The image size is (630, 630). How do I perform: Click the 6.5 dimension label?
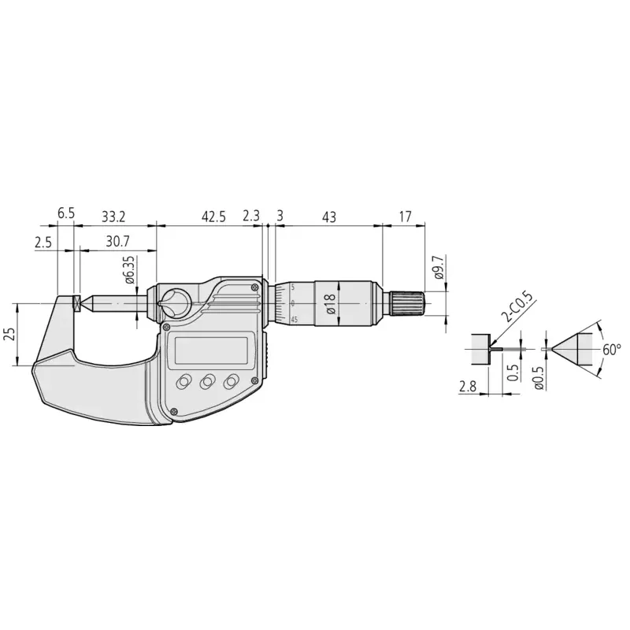(x=66, y=213)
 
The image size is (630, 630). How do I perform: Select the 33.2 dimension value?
(x=113, y=217)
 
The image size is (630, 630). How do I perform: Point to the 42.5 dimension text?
(x=213, y=217)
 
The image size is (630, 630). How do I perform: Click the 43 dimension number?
(x=328, y=217)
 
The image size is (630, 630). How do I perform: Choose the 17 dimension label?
(x=405, y=217)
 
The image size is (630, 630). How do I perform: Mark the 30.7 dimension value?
(x=117, y=242)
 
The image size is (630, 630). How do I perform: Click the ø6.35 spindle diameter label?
(x=130, y=269)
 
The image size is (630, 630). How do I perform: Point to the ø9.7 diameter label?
(x=438, y=267)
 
